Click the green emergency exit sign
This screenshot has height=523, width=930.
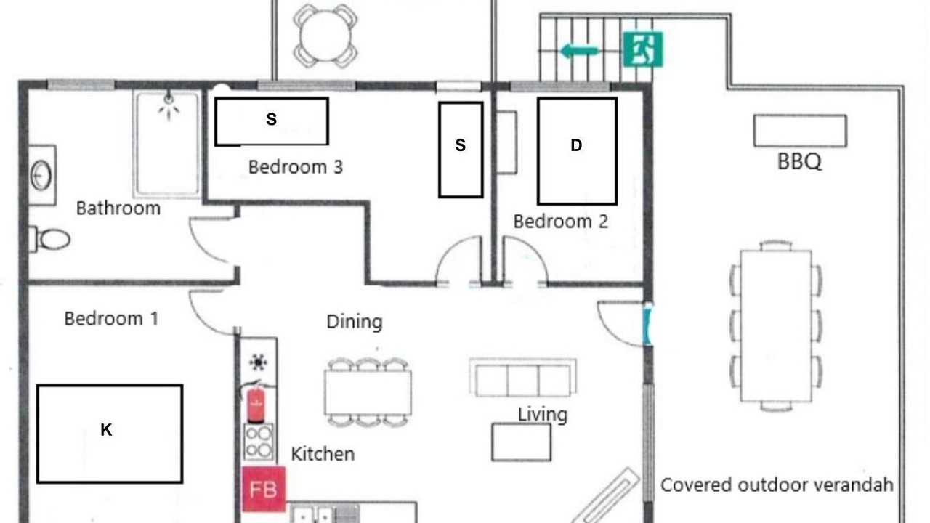point(643,49)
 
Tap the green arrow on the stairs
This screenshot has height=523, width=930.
point(581,51)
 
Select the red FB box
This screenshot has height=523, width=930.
point(264,489)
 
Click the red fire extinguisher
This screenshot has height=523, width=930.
point(256,403)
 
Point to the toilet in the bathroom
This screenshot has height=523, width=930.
point(50,239)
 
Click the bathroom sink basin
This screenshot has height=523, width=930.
point(41,175)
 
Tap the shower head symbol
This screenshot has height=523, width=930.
point(169,105)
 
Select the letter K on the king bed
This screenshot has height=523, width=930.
point(106,429)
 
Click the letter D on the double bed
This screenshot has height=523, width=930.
point(576,145)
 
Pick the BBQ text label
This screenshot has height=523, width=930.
point(799,161)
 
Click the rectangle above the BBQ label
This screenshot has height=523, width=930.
point(800,131)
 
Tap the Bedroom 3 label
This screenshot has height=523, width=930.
point(296,167)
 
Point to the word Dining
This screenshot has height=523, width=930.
point(355,322)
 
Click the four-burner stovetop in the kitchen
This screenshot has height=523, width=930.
point(259,442)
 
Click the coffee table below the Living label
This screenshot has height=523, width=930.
point(522,442)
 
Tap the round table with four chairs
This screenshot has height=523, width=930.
point(325,36)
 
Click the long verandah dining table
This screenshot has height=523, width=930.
point(776,326)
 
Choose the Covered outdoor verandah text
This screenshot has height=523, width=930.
point(777,485)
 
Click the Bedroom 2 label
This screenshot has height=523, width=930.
point(561,222)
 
